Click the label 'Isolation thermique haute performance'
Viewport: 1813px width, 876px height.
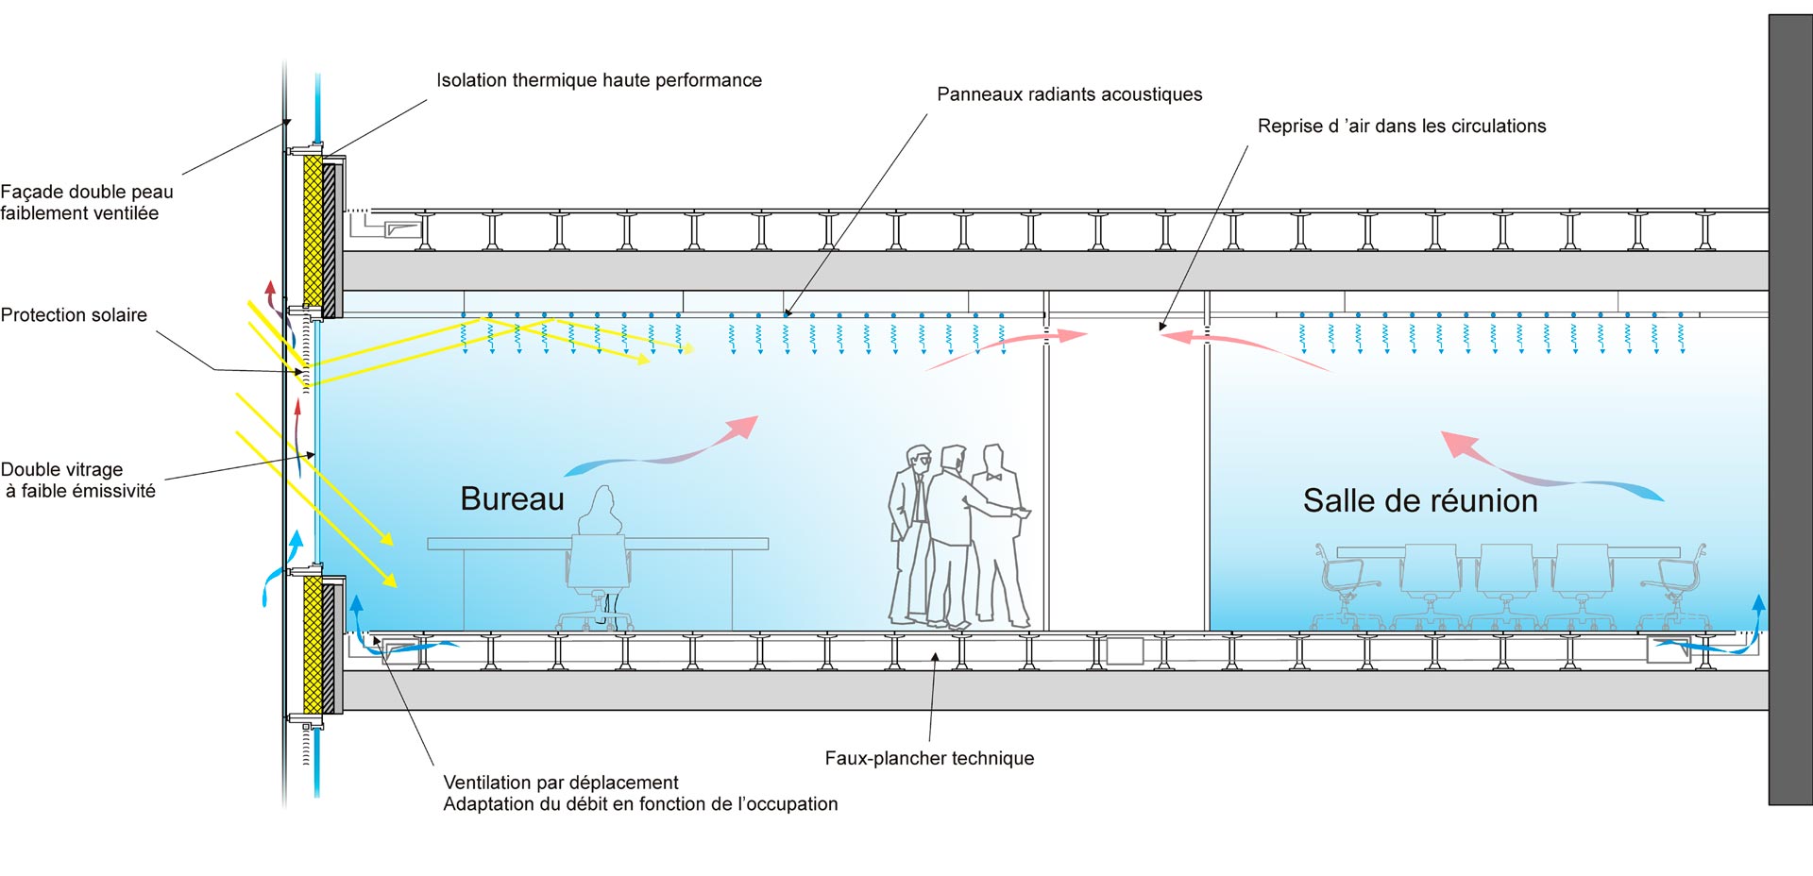click(599, 80)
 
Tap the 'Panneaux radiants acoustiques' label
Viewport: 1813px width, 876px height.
click(1069, 94)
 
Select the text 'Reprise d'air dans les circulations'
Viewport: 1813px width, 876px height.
click(1401, 126)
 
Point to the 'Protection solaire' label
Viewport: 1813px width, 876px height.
click(74, 315)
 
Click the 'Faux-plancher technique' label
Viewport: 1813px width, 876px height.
click(929, 758)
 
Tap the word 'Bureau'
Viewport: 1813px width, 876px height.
click(512, 498)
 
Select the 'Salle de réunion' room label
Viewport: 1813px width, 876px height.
click(1420, 500)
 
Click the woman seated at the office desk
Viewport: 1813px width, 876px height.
click(601, 514)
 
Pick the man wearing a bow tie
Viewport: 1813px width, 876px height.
click(997, 529)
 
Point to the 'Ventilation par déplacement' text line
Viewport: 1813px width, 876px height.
click(561, 783)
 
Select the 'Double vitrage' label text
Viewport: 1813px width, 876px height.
click(62, 469)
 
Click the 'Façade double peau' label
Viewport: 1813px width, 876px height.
click(87, 192)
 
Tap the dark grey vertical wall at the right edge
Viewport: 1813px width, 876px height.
click(1790, 406)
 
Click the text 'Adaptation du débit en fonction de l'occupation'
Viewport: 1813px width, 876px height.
click(640, 804)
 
